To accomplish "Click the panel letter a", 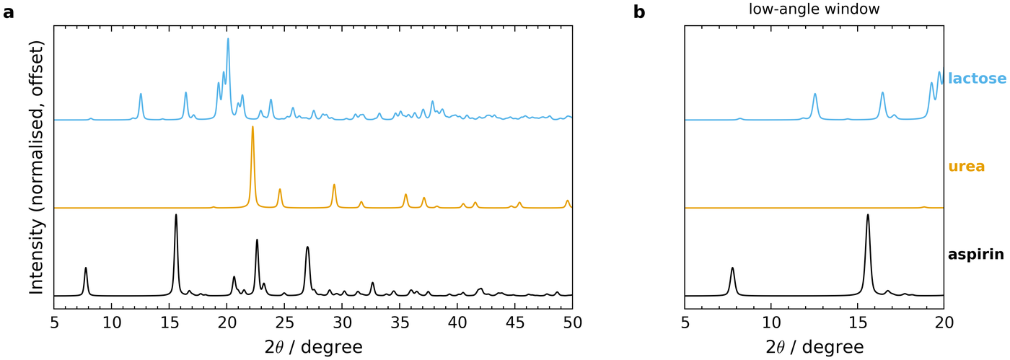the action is (8, 13).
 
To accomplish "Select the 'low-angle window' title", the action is (814, 9).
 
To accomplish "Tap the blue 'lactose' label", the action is (977, 79).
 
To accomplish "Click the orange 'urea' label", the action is (967, 167).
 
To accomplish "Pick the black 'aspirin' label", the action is (976, 255).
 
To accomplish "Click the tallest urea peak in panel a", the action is (252, 127).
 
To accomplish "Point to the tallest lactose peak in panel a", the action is (228, 39).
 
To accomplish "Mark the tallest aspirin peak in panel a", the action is (176, 215).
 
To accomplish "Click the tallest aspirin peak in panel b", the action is (867, 215).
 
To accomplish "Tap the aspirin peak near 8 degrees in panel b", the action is (732, 268).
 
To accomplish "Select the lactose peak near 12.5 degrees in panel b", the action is (814, 94).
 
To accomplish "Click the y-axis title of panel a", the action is (37, 167).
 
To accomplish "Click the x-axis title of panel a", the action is (313, 347).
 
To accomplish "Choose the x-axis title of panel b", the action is (814, 347).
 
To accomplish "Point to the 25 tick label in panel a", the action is (284, 323).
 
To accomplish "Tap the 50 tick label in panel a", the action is (572, 323).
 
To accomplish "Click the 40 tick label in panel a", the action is (457, 323).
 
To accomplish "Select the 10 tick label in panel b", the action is (771, 323).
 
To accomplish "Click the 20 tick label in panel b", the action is (944, 323).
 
